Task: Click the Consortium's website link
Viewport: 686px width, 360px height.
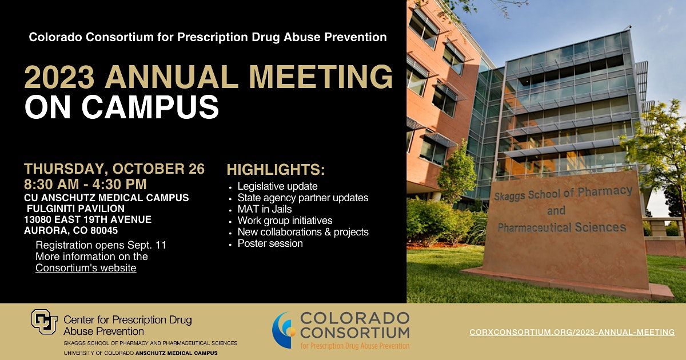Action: [x=86, y=268]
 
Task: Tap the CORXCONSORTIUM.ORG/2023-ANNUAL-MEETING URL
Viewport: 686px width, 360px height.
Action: [x=572, y=332]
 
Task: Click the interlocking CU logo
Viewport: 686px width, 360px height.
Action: [x=45, y=322]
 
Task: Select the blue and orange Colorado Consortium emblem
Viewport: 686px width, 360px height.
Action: [x=284, y=330]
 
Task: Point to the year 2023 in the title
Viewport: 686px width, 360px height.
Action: [x=59, y=77]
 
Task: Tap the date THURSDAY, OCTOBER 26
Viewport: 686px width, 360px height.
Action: [x=114, y=169]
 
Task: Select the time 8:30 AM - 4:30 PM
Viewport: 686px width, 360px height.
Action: [x=85, y=184]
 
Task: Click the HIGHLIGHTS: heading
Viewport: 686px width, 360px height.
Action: [x=276, y=170]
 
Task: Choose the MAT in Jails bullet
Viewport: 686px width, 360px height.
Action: [x=265, y=209]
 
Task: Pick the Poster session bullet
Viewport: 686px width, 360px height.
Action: [x=270, y=243]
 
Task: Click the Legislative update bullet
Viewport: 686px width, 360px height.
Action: [x=277, y=186]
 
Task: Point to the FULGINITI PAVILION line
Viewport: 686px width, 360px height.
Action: [x=75, y=209]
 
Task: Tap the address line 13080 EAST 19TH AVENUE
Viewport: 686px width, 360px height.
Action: [x=88, y=219]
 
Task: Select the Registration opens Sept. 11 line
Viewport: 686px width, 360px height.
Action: [x=101, y=245]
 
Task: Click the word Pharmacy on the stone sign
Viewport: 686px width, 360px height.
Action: [x=605, y=192]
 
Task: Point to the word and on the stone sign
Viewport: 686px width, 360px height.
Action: [x=556, y=211]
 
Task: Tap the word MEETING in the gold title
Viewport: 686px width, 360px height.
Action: [x=321, y=77]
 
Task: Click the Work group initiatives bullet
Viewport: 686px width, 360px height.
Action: [x=285, y=221]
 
